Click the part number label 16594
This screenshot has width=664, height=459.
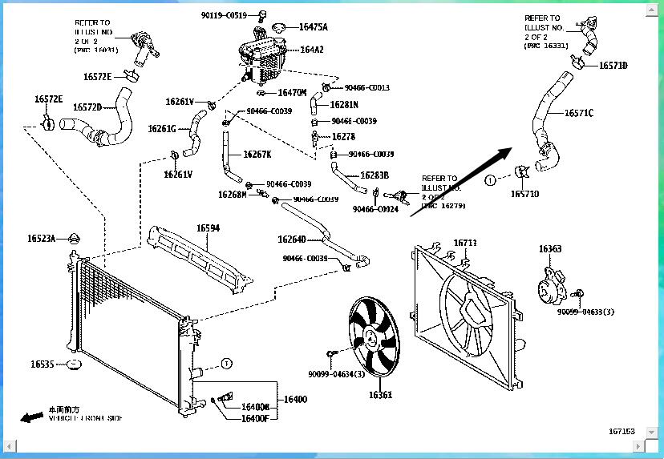point(209,228)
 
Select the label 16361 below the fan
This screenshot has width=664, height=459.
point(380,395)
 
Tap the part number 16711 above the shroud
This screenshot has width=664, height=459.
point(465,243)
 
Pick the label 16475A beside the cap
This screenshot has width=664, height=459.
point(313,27)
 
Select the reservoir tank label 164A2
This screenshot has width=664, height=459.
point(312,50)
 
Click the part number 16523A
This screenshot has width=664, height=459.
point(42,239)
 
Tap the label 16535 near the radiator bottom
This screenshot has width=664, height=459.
point(43,364)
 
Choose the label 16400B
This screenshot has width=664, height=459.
point(255,408)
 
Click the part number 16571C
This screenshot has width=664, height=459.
point(578,114)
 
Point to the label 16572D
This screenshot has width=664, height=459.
point(87,107)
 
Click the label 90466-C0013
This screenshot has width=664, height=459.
point(366,87)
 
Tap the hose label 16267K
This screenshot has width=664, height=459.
point(257,155)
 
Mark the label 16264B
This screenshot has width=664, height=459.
point(292,240)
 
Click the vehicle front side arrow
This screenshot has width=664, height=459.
point(32,417)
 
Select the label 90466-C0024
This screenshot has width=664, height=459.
point(375,209)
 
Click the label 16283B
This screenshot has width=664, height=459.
point(375,175)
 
